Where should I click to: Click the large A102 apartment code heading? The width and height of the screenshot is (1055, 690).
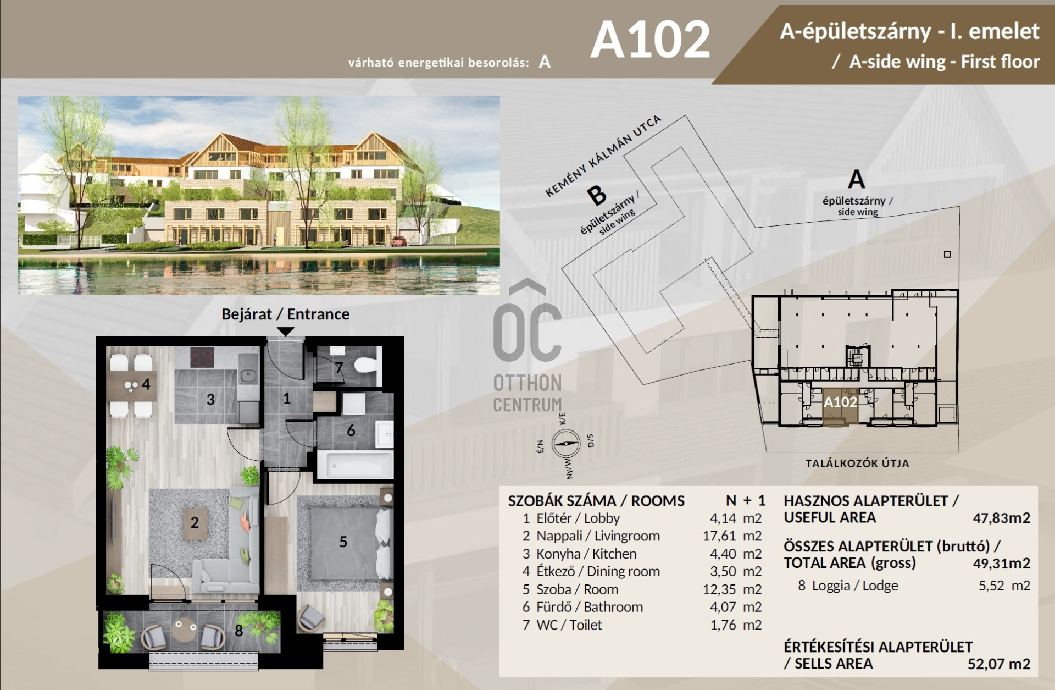(x=650, y=40)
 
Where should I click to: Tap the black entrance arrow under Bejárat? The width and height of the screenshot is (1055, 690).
(x=286, y=332)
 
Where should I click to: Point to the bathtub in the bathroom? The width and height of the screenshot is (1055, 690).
(x=355, y=465)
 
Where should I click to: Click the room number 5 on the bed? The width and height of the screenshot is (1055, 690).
(x=343, y=542)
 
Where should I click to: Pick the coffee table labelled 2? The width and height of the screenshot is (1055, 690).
(x=195, y=522)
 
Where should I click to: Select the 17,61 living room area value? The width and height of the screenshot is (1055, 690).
(x=719, y=536)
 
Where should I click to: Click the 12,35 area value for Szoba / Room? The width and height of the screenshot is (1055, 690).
(x=719, y=589)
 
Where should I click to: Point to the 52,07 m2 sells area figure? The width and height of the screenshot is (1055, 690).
(x=998, y=664)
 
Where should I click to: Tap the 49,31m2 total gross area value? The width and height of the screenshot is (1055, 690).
(x=1001, y=563)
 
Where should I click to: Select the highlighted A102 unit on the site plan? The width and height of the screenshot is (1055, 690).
(x=840, y=407)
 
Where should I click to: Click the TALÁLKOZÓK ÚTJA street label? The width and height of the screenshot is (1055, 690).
(x=857, y=463)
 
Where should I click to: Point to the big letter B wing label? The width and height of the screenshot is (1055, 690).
(x=597, y=195)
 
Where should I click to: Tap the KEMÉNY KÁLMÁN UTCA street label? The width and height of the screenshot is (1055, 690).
(x=602, y=156)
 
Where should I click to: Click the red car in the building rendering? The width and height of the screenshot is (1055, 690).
(x=399, y=240)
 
